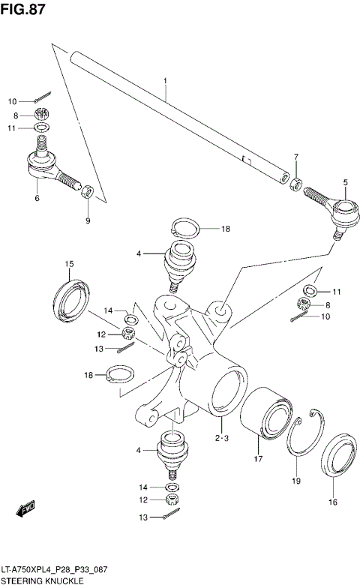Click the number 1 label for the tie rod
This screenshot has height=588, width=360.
coord(165,80)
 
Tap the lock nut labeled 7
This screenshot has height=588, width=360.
coord(297,184)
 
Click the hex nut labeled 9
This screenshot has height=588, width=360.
coord(87,192)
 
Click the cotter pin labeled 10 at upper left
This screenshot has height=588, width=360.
coord(42,97)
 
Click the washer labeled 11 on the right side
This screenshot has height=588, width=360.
coord(309,290)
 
